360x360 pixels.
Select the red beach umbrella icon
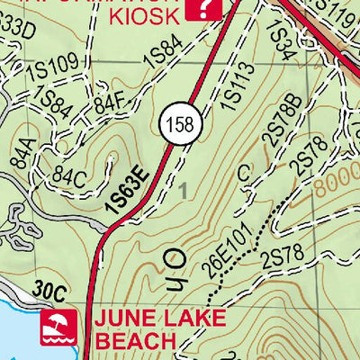(x=58, y=328)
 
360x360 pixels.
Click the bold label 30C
(x=54, y=292)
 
